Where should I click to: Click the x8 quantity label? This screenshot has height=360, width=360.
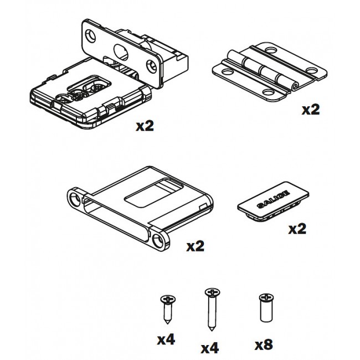(264, 345)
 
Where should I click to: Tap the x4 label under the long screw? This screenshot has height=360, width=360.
(209, 347)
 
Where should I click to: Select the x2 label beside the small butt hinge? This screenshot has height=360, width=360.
(310, 109)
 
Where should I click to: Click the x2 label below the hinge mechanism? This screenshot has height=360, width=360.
(144, 126)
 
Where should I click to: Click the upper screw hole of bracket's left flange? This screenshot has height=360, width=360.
(74, 198)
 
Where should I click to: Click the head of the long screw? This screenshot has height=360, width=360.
(211, 291)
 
